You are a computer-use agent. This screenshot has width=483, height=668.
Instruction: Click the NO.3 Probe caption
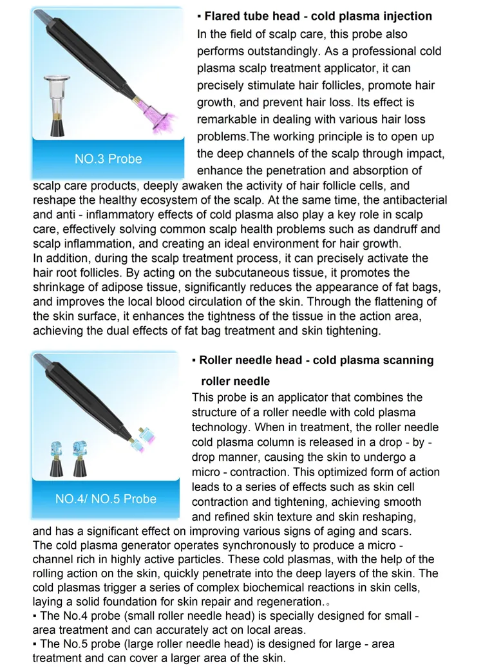pos(108,159)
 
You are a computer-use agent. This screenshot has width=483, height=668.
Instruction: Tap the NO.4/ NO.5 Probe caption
pos(106,499)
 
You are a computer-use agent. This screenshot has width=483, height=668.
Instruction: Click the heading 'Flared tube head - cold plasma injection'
pos(317,16)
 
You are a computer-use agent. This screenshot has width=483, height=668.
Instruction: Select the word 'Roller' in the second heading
pos(216,360)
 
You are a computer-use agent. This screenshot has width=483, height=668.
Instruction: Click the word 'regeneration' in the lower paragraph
pos(286,602)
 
